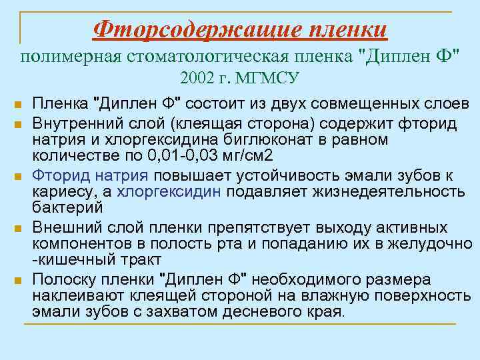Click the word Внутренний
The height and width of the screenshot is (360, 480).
77,124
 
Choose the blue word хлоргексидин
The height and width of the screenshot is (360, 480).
171,192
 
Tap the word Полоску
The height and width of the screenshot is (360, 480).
65,278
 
